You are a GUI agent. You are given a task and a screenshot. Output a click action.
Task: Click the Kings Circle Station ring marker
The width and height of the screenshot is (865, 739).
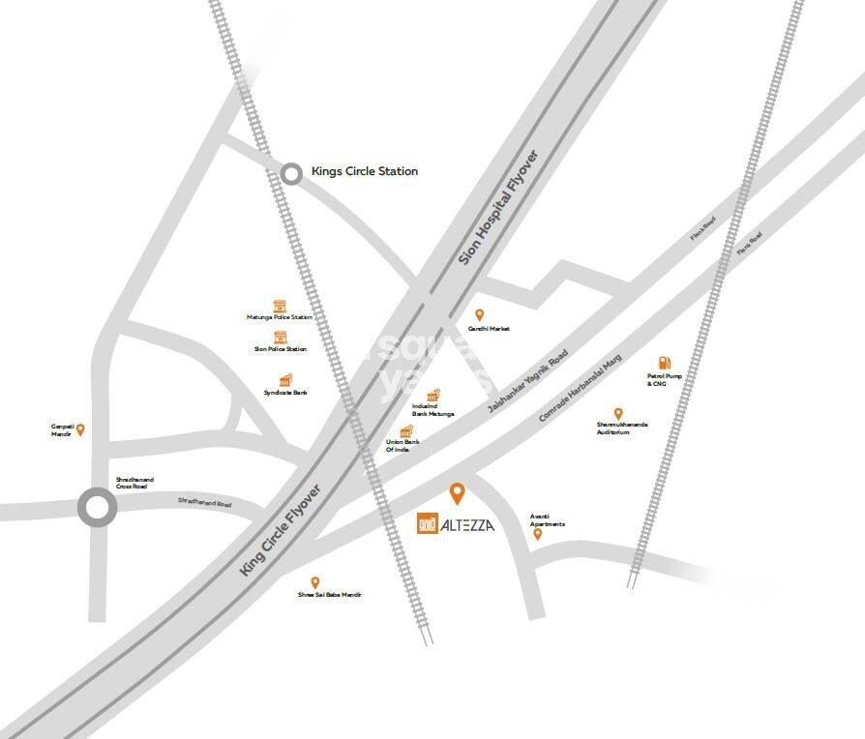click(291, 174)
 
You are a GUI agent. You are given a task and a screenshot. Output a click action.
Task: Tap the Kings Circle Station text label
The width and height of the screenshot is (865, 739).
click(364, 171)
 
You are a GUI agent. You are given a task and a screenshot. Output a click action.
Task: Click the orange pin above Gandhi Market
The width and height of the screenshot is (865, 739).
click(477, 315)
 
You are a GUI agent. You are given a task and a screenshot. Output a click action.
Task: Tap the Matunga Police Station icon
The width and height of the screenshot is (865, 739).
click(280, 305)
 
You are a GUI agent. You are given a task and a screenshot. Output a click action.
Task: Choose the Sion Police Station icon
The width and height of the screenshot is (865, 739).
click(281, 337)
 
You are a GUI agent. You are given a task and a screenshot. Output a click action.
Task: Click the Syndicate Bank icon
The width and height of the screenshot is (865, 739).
click(285, 380)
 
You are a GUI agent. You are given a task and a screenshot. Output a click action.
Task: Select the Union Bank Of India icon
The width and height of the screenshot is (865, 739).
click(406, 431)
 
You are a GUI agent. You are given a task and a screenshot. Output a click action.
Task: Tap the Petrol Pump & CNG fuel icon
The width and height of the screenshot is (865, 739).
click(666, 363)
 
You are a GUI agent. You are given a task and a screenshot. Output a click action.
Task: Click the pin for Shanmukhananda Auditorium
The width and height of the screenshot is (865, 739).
click(618, 414)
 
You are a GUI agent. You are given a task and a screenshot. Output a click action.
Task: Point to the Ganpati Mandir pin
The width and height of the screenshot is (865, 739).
click(81, 429)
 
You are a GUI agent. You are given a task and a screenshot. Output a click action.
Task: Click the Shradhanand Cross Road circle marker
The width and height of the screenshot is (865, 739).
click(97, 507)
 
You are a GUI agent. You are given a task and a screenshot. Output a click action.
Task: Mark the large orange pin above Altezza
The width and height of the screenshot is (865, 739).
click(458, 494)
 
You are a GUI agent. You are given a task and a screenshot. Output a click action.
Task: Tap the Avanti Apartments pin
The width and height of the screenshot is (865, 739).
click(538, 534)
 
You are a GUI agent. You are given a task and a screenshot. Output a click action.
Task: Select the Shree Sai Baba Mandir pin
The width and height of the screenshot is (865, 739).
click(314, 582)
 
